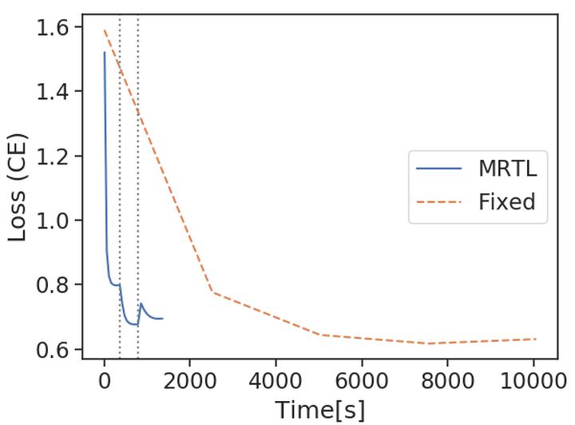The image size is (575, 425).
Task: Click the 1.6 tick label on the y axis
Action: pos(53,27)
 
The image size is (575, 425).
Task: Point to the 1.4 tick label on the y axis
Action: pos(53,92)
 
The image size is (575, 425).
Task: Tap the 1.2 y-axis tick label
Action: pos(53,156)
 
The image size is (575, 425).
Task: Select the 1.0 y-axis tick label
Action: pos(53,220)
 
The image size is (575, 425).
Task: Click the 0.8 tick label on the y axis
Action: pos(53,285)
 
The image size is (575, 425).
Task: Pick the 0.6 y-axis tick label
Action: pos(53,349)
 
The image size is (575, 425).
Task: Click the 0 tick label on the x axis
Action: pos(104,381)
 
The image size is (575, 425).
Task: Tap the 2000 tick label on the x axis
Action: pos(190,381)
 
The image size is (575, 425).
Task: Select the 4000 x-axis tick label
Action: pos(276,381)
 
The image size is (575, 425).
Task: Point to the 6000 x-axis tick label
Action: pos(362,381)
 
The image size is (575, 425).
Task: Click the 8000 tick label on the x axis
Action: pos(447,381)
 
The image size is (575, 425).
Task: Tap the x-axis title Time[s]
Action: pos(319,410)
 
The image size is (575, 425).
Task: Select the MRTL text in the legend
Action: pos(507,169)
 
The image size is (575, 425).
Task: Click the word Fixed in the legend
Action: pos(506,201)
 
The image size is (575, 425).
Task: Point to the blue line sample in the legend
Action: pos(439,169)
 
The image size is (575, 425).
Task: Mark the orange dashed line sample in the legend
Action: pos(439,201)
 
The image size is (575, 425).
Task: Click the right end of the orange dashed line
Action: pos(535,339)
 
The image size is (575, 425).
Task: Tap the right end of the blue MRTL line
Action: pos(162,319)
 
